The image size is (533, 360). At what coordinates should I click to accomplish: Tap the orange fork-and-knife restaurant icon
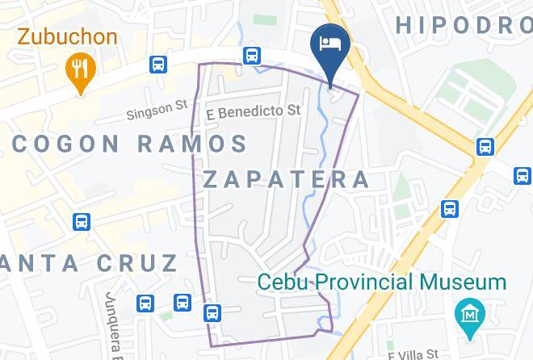tap(79, 69)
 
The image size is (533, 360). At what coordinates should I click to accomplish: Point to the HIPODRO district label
tap(464, 24)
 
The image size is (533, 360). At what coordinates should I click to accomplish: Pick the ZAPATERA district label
tap(286, 179)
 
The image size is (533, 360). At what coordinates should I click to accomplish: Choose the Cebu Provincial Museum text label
tap(382, 283)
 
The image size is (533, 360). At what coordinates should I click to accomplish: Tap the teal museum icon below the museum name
tap(469, 312)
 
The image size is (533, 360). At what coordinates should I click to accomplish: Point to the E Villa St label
tap(413, 354)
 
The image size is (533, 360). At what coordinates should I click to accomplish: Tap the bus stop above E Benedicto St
tap(252, 56)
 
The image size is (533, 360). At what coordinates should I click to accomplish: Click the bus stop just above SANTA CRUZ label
tap(81, 222)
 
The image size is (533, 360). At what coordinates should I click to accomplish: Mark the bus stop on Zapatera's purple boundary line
tap(212, 312)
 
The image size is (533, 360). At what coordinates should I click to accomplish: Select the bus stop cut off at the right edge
tap(523, 174)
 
